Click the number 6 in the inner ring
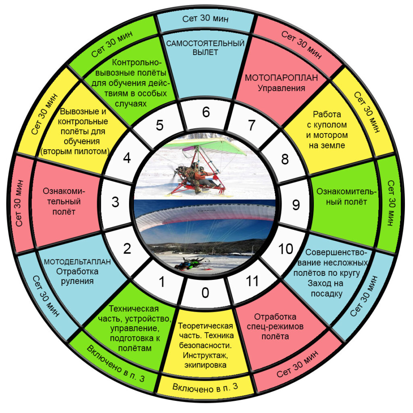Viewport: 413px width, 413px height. tap(206, 112)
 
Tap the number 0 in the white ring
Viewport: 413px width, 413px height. tap(205, 293)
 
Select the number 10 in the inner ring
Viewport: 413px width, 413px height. tap(286, 249)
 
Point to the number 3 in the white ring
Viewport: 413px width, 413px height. tap(115, 202)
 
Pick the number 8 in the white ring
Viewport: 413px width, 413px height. tap(285, 159)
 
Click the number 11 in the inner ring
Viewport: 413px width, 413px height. tap(252, 281)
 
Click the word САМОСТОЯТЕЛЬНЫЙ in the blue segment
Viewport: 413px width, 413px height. tap(205, 44)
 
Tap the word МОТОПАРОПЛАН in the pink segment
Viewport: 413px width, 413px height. tap(281, 78)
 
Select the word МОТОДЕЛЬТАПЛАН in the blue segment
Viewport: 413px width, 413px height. tap(77, 261)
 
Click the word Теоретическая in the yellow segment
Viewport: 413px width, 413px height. tap(205, 326)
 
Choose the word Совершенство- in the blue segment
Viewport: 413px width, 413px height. tap(336, 252)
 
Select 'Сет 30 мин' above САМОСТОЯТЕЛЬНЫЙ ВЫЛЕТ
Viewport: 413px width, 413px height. tap(205, 19)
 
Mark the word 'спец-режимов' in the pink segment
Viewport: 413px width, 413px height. tap(275, 327)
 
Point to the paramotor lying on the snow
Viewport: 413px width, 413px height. tap(191, 263)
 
